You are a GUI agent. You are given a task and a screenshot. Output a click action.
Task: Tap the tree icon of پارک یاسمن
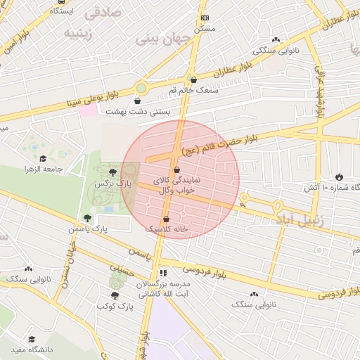click(87, 218)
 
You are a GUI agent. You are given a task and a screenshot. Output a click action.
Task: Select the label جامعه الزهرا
click(44, 169)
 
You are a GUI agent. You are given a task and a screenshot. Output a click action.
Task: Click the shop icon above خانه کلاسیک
click(166, 219)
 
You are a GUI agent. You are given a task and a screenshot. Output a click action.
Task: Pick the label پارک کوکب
click(115, 306)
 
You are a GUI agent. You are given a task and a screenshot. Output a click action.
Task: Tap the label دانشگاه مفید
click(32, 349)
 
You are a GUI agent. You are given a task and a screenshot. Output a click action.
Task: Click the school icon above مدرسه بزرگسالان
click(164, 272)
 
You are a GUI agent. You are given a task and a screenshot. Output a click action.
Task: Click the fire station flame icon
click(340, 176)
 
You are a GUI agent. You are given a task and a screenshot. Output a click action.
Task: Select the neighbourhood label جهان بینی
click(157, 39)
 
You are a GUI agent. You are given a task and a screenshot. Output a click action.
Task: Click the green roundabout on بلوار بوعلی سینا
click(141, 89)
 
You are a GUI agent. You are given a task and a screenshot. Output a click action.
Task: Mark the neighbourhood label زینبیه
click(79, 32)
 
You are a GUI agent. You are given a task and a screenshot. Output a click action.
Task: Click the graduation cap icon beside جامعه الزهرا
click(43, 159)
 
